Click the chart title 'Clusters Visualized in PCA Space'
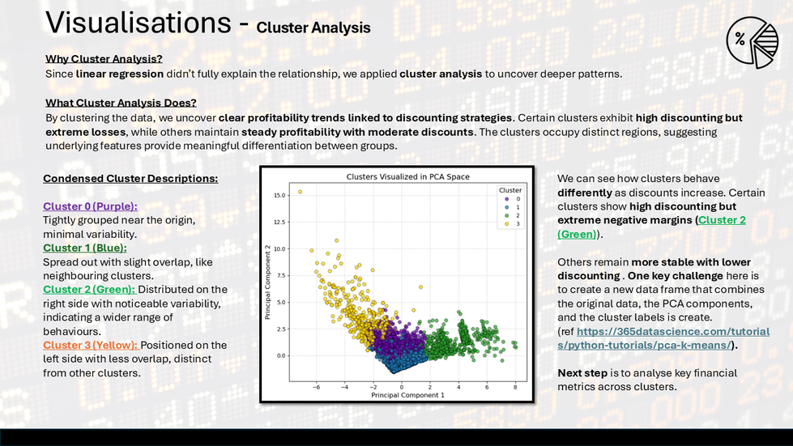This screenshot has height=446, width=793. point(407,176)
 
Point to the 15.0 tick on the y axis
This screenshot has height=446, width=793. point(279,195)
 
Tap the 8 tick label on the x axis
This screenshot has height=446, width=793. point(515,387)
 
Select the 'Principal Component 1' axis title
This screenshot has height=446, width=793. point(407,395)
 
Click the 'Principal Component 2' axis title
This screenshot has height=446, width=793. point(267,282)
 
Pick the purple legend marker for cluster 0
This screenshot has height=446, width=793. point(507,199)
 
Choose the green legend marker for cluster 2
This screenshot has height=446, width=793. point(507,215)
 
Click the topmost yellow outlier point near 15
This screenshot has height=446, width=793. point(300,192)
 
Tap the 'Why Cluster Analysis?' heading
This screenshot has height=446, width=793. point(104,58)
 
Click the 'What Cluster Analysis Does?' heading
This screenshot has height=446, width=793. point(121,103)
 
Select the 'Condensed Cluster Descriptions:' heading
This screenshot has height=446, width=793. point(130,178)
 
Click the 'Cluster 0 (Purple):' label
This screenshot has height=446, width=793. point(90,206)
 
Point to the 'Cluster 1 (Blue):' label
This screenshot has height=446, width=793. point(84,248)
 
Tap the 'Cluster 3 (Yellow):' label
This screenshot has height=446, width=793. point(90,345)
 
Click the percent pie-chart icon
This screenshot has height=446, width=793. point(752,42)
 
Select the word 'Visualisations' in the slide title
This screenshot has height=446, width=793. point(138,23)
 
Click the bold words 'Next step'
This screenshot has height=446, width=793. point(582,373)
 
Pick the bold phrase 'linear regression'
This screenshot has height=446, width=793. point(119,74)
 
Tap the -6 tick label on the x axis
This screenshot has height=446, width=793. point(316,387)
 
